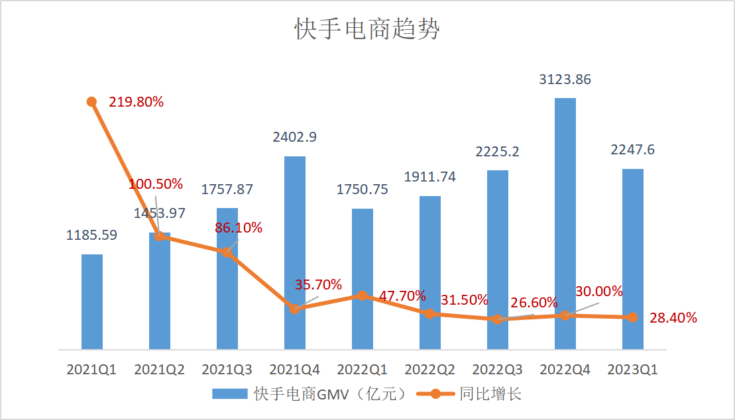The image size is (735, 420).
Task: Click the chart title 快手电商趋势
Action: point(367,30)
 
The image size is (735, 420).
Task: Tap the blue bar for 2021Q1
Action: point(92,301)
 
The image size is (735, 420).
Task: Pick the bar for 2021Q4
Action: point(295,252)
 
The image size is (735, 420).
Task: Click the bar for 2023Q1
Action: point(632,259)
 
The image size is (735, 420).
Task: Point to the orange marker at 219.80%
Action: point(91,101)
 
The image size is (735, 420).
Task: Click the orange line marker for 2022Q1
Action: point(361,295)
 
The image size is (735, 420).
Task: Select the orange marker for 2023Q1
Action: point(632,317)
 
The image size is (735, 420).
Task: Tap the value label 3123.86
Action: point(565,80)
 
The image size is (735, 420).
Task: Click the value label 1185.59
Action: point(92,235)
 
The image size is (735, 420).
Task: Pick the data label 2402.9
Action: point(294,138)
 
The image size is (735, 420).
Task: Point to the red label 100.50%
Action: point(156,184)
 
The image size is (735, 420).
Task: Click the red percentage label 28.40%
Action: point(673,318)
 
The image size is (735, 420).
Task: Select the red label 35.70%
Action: point(318,285)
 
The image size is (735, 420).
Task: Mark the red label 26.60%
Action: point(534,303)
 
